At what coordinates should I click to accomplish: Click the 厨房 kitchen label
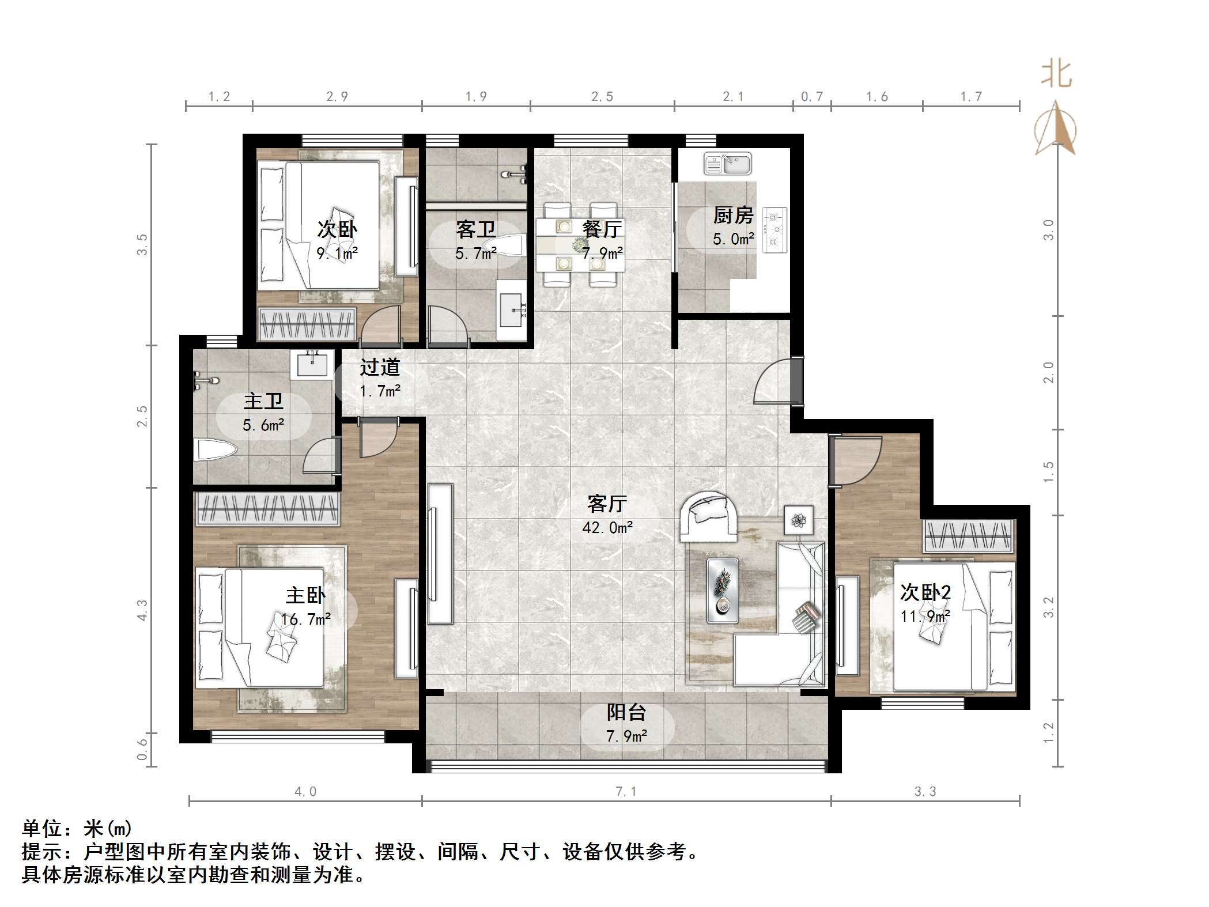pyautogui.click(x=733, y=216)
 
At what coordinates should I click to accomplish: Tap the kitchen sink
pyautogui.click(x=727, y=164)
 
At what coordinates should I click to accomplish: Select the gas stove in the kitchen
pyautogui.click(x=774, y=230)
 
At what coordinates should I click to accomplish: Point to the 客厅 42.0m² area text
pyautogui.click(x=607, y=527)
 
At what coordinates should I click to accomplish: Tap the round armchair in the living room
pyautogui.click(x=708, y=516)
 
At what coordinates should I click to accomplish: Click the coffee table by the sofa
pyautogui.click(x=723, y=590)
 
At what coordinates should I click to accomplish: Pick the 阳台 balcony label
pyautogui.click(x=626, y=713)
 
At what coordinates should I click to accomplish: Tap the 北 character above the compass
pyautogui.click(x=1056, y=75)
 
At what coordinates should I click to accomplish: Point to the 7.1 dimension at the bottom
pyautogui.click(x=626, y=792)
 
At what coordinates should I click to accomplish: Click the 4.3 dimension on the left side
pyautogui.click(x=142, y=610)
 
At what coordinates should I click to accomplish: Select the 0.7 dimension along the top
pyautogui.click(x=811, y=97)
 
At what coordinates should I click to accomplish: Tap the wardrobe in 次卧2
pyautogui.click(x=968, y=535)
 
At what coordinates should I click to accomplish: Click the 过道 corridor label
pyautogui.click(x=380, y=367)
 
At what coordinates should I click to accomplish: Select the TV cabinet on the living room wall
pyautogui.click(x=440, y=553)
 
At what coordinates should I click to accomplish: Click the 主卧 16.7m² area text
pyautogui.click(x=305, y=619)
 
